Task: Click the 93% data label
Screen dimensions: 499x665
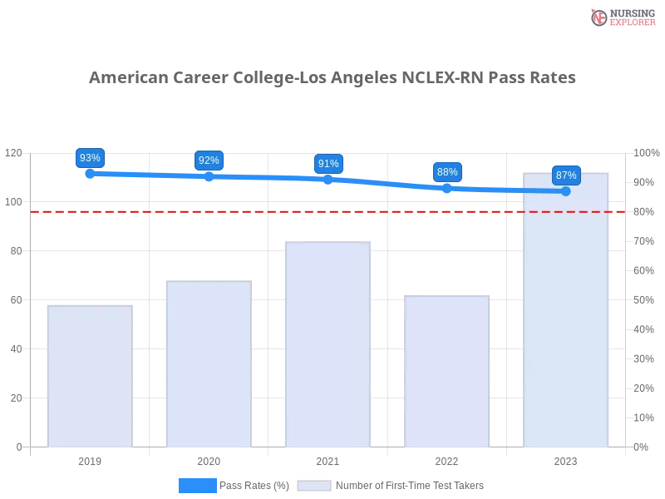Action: pos(89,158)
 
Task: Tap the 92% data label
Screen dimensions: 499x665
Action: pos(209,161)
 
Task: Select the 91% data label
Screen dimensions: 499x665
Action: pos(328,164)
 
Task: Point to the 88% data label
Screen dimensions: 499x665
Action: pos(447,172)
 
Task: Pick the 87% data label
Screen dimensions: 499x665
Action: pos(566,175)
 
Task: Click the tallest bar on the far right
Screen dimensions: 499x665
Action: pos(566,316)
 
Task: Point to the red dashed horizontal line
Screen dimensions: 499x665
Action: pos(249,211)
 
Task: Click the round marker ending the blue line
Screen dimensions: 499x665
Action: pos(566,191)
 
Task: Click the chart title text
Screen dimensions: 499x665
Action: pos(332,78)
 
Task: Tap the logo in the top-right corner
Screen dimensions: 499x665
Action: pos(621,17)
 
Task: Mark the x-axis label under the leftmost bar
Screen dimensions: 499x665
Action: pos(90,460)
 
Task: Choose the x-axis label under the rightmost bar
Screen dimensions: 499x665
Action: pos(566,460)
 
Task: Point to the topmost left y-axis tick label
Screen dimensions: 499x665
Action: pos(14,154)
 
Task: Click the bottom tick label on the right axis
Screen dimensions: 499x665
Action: pos(641,447)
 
